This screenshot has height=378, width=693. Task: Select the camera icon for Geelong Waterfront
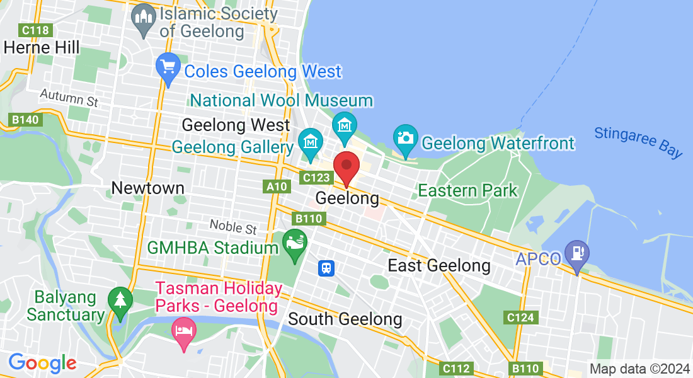pyautogui.click(x=406, y=138)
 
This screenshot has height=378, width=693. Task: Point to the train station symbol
pyautogui.click(x=326, y=268)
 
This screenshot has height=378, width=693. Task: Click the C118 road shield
pyautogui.click(x=35, y=30)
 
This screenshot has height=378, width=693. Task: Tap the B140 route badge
pyautogui.click(x=25, y=119)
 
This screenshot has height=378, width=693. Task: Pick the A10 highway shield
pyautogui.click(x=277, y=186)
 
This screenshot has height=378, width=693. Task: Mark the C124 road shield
pyautogui.click(x=520, y=318)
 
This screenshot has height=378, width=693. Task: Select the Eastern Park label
pyautogui.click(x=467, y=190)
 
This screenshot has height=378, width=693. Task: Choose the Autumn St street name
pyautogui.click(x=69, y=98)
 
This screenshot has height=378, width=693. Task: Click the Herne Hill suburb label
pyautogui.click(x=42, y=47)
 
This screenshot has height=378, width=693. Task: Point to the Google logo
pyautogui.click(x=42, y=363)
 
